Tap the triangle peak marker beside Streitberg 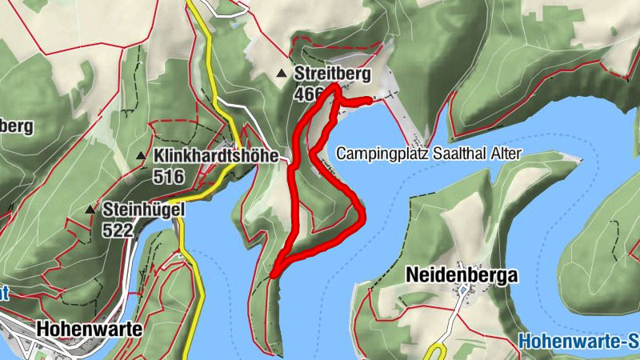tap(282, 74)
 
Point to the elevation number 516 tap(170, 177)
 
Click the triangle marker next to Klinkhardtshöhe tap(141, 156)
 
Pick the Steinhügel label tap(144, 210)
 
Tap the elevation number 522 tap(117, 230)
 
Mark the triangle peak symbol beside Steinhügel tap(90, 210)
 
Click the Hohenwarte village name tap(89, 329)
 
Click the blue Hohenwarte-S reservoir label tap(578, 342)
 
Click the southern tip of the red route tap(274, 275)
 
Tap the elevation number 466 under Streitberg tap(306, 94)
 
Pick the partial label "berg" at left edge tap(16, 126)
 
